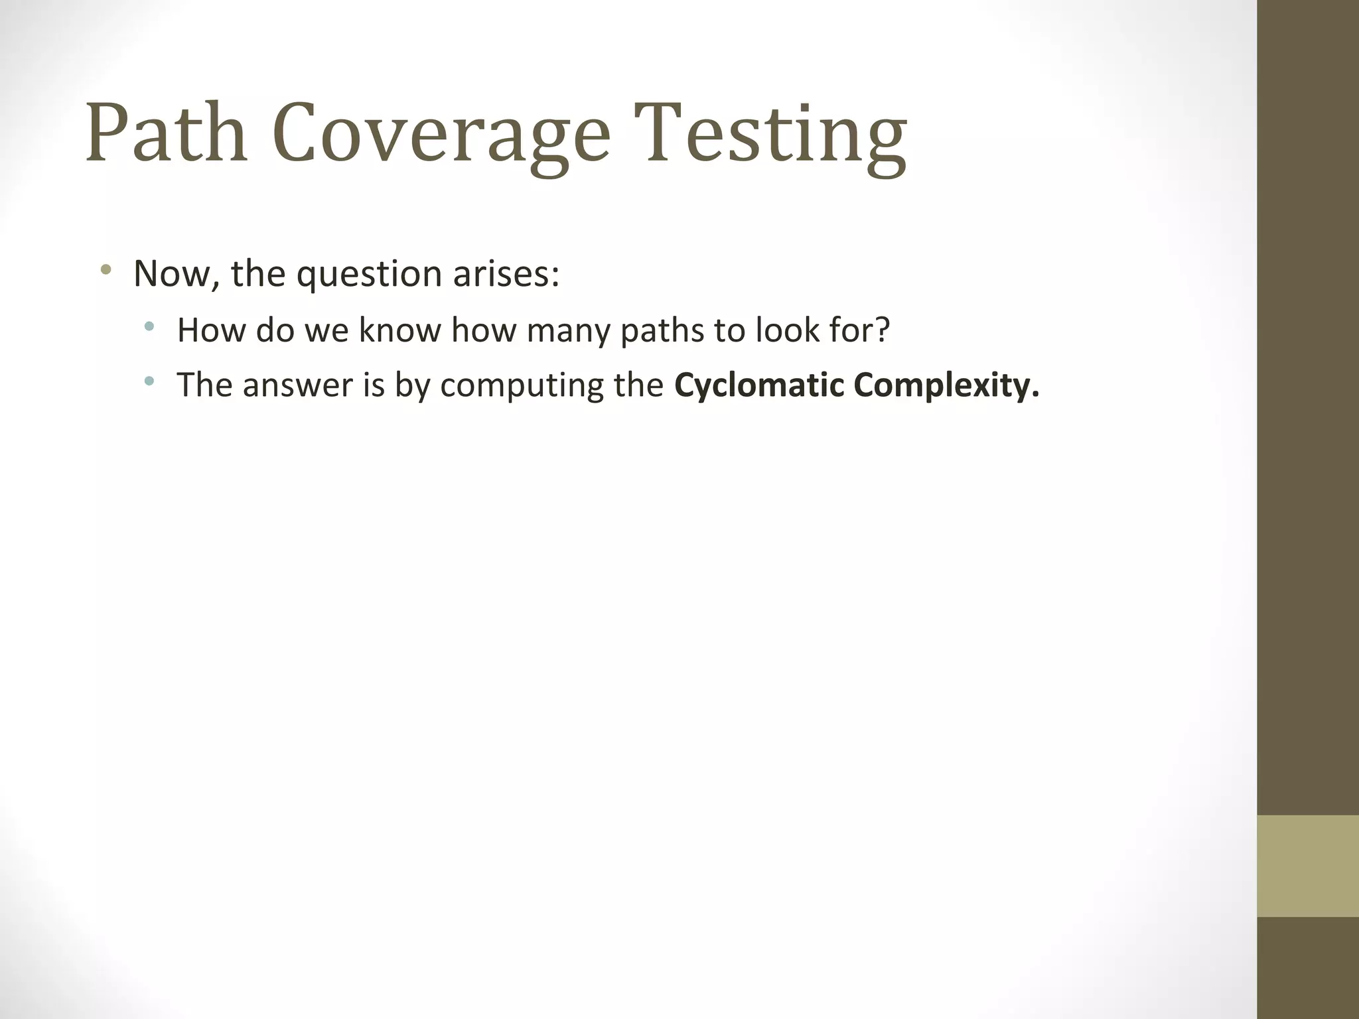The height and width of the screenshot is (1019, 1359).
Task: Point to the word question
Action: (x=368, y=273)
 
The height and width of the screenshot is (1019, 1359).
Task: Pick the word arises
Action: (x=506, y=273)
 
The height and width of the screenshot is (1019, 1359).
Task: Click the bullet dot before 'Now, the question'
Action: (x=105, y=270)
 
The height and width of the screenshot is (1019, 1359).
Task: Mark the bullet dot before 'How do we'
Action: (x=149, y=326)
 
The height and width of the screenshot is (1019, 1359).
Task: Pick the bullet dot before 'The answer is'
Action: (x=149, y=381)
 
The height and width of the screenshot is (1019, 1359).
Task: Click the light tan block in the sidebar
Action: (x=1307, y=866)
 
